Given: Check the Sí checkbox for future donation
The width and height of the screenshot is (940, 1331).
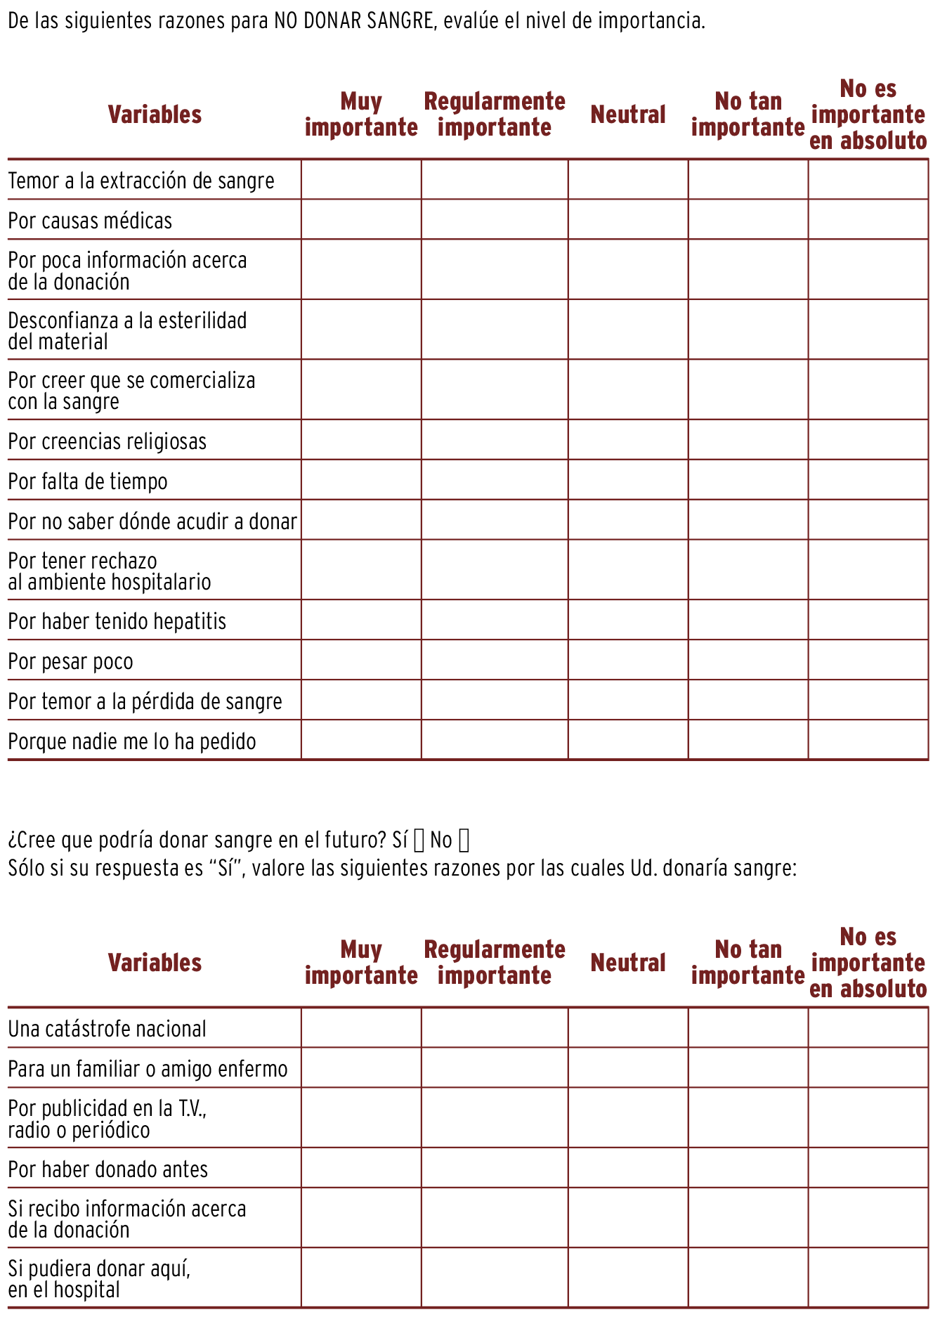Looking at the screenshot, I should tap(419, 840).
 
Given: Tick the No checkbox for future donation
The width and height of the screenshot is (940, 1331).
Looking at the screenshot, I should tap(464, 840).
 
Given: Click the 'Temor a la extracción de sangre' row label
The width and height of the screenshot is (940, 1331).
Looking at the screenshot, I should tap(141, 181).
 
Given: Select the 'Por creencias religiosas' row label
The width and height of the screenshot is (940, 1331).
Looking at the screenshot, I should tap(107, 441).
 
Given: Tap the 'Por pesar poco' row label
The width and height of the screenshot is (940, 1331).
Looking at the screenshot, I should tap(70, 661).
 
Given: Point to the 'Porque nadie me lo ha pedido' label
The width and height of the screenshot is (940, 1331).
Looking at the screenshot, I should tap(132, 741).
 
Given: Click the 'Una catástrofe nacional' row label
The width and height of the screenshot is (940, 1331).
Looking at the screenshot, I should tap(107, 1029).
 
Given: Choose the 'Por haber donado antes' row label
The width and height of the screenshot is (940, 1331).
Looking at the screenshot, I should tap(108, 1169).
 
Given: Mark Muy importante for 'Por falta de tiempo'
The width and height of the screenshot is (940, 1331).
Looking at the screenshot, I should tap(361, 480).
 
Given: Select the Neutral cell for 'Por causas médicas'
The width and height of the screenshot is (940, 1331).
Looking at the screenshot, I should tap(628, 219).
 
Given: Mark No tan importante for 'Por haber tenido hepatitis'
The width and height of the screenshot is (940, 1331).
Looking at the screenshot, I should tap(748, 620).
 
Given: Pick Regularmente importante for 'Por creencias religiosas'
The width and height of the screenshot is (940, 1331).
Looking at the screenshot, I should tap(495, 440).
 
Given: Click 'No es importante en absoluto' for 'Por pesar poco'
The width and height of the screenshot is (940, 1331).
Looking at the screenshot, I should tap(868, 660).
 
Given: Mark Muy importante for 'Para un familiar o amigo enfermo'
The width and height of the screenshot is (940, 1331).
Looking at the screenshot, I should tap(361, 1068).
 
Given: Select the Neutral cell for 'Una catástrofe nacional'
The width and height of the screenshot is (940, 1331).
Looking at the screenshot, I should tap(628, 1028).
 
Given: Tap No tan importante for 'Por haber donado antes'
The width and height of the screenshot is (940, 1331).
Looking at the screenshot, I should tap(748, 1168).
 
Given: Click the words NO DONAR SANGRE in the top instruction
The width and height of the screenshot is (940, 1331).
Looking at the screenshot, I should tap(354, 20).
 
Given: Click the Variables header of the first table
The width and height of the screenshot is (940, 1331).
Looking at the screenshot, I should tap(155, 115).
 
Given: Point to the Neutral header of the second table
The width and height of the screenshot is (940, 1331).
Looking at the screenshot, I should tap(628, 963).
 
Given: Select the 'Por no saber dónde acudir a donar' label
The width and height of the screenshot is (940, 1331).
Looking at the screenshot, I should tap(152, 521).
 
